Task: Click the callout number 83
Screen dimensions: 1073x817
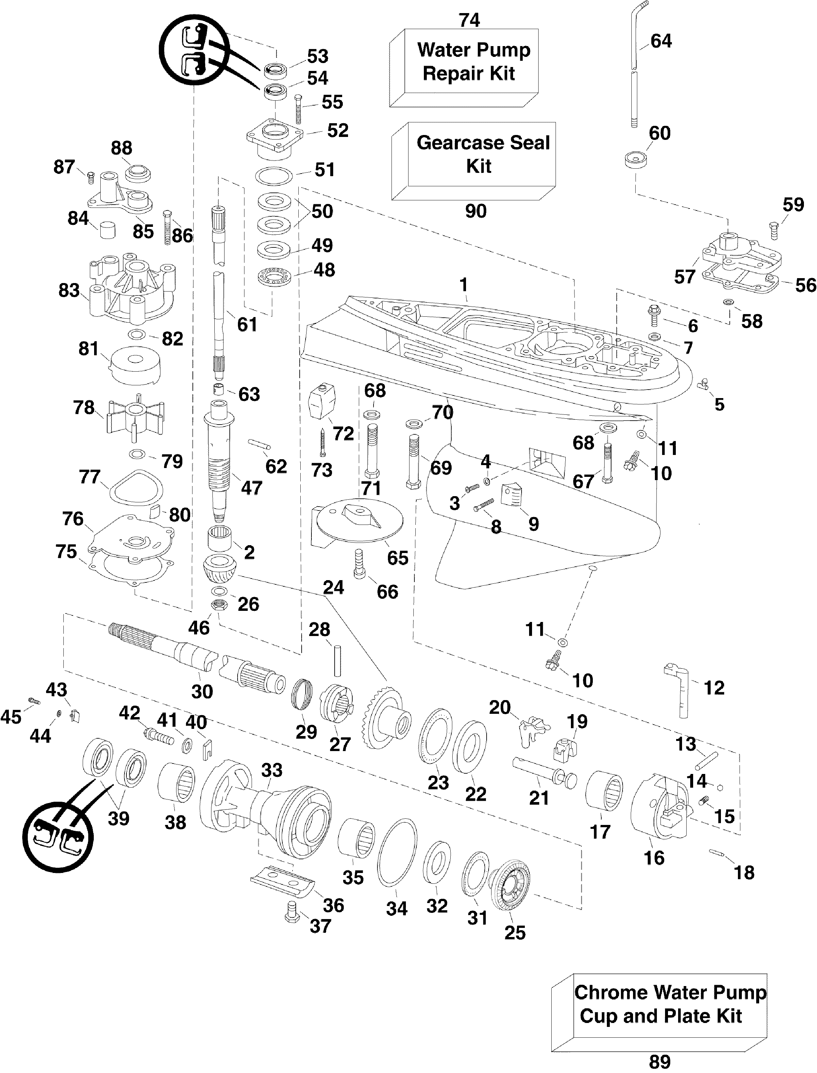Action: (69, 290)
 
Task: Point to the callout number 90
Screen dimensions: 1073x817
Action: (475, 211)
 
